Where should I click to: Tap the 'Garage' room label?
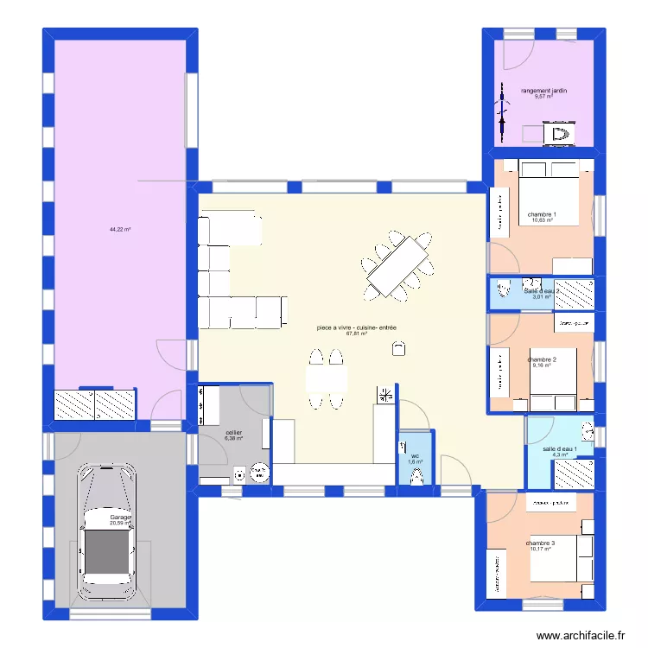(x=119, y=517)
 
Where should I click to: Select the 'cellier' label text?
(x=233, y=432)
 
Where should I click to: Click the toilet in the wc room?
(x=417, y=476)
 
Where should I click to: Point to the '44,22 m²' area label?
(x=119, y=229)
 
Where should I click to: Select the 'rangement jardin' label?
(x=543, y=90)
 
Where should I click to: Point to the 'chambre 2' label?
(x=542, y=359)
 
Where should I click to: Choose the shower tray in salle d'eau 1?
(x=573, y=473)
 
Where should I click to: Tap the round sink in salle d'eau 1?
(x=588, y=429)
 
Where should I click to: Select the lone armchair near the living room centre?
(x=397, y=347)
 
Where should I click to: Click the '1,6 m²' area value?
(x=416, y=461)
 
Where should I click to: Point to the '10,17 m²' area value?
(x=540, y=549)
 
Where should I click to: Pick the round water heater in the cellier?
(x=259, y=473)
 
